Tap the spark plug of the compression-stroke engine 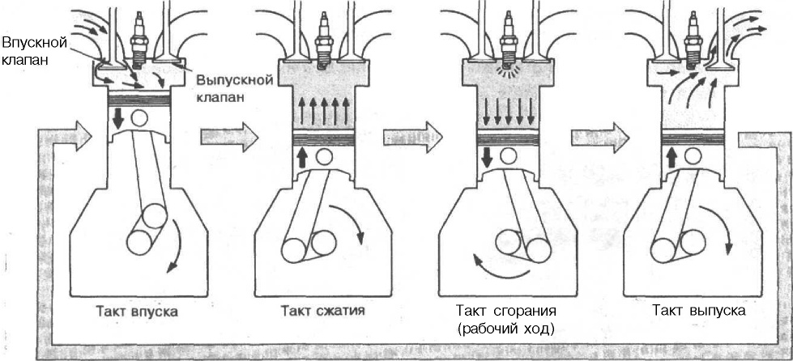tap(324, 40)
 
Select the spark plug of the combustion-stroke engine tap(509, 40)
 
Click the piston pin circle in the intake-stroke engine tap(140, 117)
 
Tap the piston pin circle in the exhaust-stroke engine tap(697, 155)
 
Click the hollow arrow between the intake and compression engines tap(219, 130)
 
